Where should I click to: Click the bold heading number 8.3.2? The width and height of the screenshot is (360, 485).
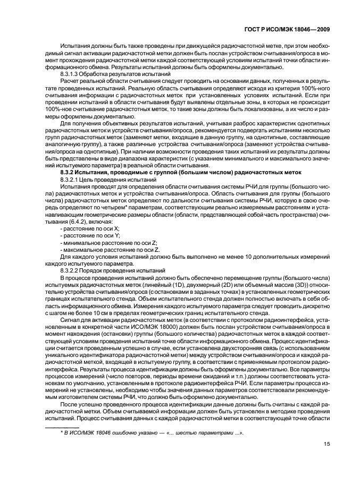point(69,173)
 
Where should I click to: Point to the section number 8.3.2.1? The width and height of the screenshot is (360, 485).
point(71,180)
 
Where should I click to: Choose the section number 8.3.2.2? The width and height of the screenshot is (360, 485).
point(71,270)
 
